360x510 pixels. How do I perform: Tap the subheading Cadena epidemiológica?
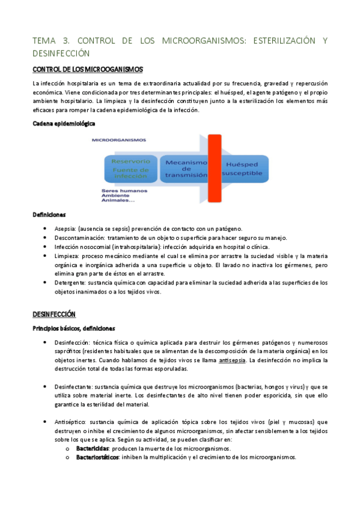pyautogui.click(x=64, y=123)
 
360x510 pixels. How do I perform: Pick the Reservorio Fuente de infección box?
pyautogui.click(x=130, y=169)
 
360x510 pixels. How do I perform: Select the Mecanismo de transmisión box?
pyautogui.click(x=186, y=169)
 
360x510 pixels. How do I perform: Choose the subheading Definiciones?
pyautogui.click(x=49, y=214)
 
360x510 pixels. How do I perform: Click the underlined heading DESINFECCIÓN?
pyautogui.click(x=54, y=314)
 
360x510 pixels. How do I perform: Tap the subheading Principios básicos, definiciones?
pyautogui.click(x=73, y=328)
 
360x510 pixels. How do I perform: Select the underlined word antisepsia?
pyautogui.click(x=231, y=360)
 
